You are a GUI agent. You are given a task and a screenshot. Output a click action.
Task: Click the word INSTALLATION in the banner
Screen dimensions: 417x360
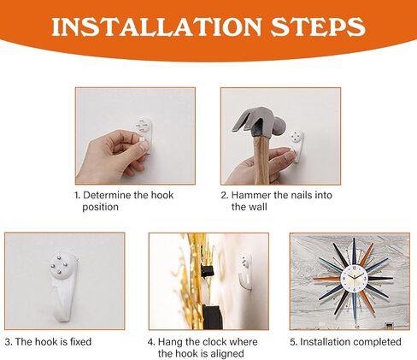[156, 27]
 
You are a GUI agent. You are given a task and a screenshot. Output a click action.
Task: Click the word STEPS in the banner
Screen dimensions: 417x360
[318, 27]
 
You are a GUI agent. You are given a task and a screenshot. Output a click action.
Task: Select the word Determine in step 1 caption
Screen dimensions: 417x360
[108, 195]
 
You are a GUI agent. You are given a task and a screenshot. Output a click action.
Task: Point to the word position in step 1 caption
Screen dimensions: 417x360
[100, 207]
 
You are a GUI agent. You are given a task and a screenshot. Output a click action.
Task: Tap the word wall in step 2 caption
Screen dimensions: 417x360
[258, 207]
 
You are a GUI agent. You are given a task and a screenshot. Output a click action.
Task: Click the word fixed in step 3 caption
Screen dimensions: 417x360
[80, 342]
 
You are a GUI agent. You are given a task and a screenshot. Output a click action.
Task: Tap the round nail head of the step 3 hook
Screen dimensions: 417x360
[60, 265]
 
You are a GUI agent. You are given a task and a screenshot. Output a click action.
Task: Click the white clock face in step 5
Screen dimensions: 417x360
[354, 278]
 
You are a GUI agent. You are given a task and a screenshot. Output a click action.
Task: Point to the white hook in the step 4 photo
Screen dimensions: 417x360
[245, 273]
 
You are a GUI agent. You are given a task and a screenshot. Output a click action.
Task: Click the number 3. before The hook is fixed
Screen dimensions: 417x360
[9, 342]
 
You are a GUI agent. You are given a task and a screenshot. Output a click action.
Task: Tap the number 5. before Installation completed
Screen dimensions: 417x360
[294, 342]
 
